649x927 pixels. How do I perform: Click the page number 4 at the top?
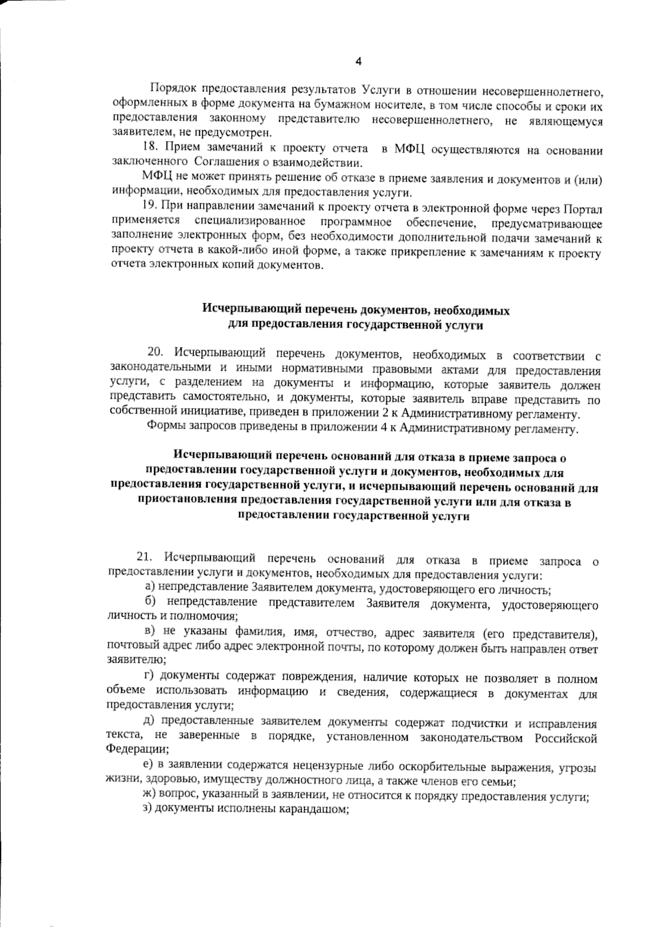pos(357,61)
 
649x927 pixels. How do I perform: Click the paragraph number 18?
pos(150,148)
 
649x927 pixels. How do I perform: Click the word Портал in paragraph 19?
pos(582,208)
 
